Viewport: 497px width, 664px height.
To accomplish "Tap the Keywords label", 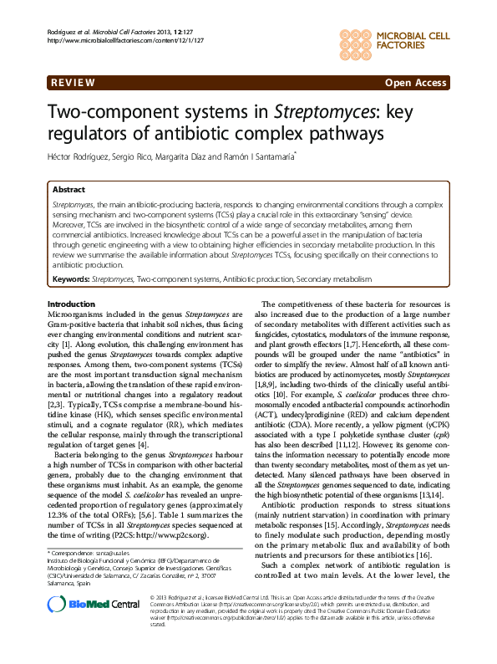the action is [x=70, y=277].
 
